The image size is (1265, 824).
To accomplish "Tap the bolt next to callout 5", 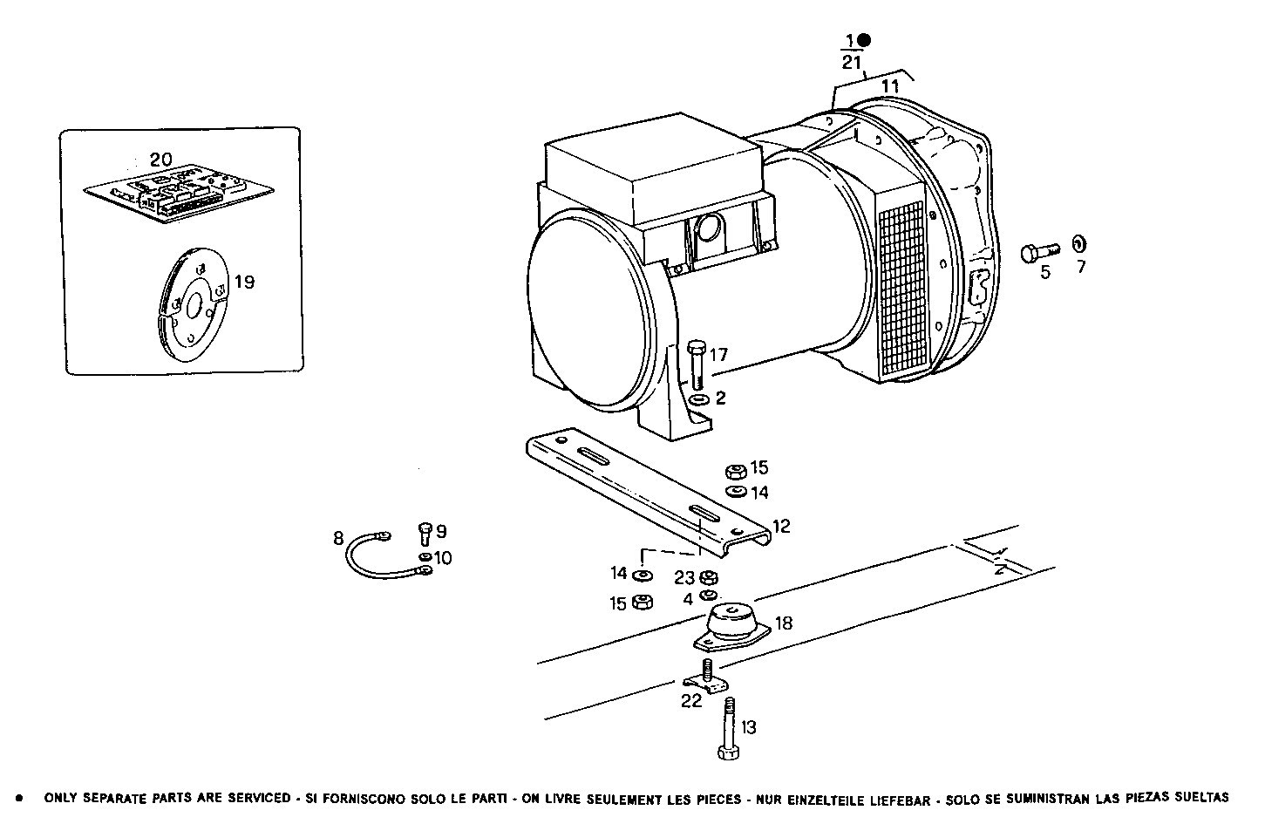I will pyautogui.click(x=1037, y=251).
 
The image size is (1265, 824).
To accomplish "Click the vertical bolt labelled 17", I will pyautogui.click(x=696, y=364).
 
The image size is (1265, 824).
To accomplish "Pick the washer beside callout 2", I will pyautogui.click(x=698, y=400).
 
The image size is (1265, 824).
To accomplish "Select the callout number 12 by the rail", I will pyautogui.click(x=781, y=526).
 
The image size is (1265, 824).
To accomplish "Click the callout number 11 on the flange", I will pyautogui.click(x=889, y=86).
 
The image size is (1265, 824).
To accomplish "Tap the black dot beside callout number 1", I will pyautogui.click(x=863, y=40).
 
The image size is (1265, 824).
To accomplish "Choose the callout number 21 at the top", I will pyautogui.click(x=852, y=63).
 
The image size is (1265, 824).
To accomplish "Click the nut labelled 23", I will pyautogui.click(x=709, y=577).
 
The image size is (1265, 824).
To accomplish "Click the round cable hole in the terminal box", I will pyautogui.click(x=708, y=230).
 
